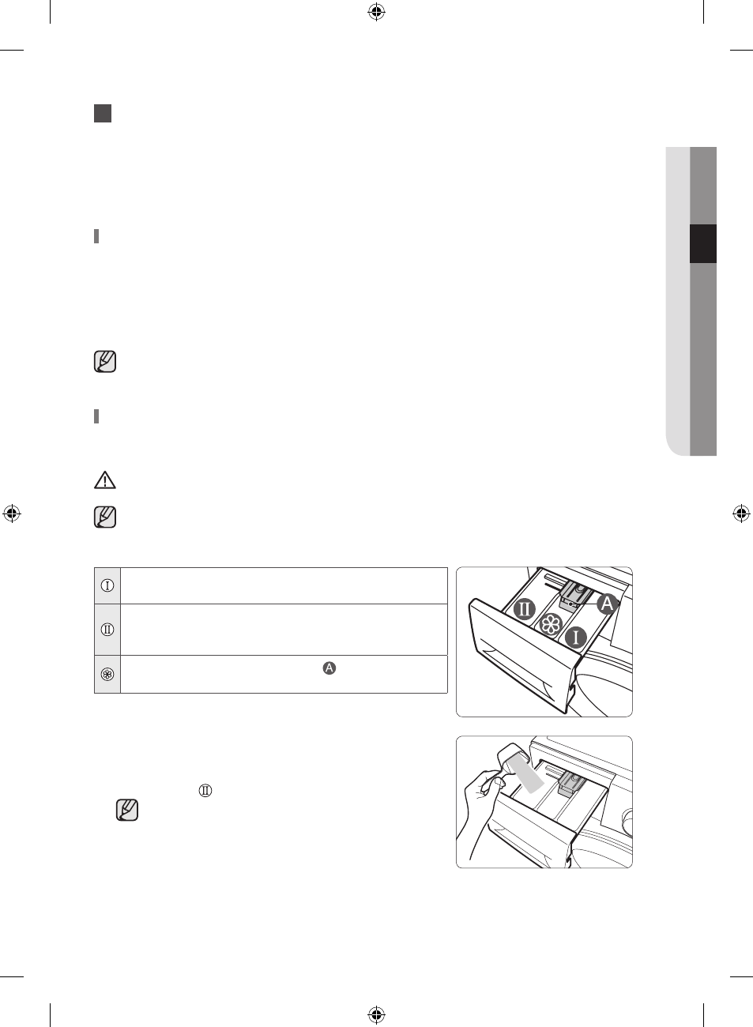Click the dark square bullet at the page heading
coord(103,113)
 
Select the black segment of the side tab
coord(703,243)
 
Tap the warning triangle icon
coord(105,480)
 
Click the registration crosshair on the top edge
coord(376,13)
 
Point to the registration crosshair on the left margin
coord(12,513)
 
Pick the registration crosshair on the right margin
coord(741,513)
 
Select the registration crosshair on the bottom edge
coord(376,1014)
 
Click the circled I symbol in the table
coord(107,585)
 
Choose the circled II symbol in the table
coord(107,630)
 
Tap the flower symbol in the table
coord(107,675)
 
